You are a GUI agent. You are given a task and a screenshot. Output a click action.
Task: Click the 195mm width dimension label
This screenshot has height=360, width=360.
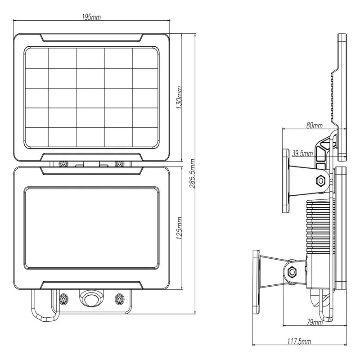coord(91,17)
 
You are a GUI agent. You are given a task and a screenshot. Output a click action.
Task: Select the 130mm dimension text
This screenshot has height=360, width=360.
coord(179,98)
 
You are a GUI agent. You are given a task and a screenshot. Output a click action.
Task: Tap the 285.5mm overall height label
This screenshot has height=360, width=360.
coord(192,174)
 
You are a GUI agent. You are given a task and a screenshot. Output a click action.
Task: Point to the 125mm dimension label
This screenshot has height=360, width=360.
coord(179,228)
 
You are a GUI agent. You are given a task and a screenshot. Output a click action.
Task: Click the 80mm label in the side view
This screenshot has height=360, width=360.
coord(315,126)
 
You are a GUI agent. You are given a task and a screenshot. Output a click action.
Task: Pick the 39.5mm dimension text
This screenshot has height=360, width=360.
coord(302,153)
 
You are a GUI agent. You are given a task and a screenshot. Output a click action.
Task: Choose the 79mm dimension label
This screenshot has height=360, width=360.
coord(315,322)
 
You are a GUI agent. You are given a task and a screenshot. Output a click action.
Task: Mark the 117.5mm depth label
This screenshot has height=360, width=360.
coord(299,342)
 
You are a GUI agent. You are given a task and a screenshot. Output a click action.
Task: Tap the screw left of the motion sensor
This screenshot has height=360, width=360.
coord(63,299)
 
